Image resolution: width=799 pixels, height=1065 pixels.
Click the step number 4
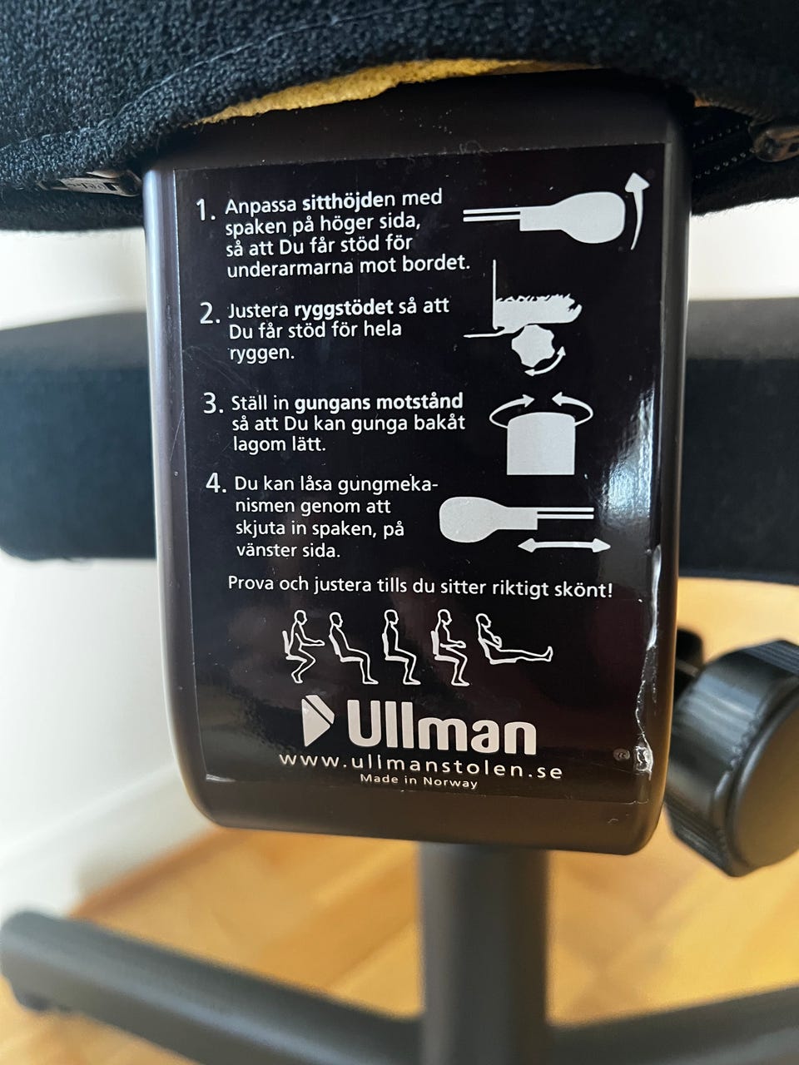tap(216, 483)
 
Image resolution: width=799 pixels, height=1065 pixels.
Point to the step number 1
tap(206, 211)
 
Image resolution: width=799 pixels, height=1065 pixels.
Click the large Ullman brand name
tap(441, 729)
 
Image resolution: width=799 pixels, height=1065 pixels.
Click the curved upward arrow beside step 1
tap(640, 214)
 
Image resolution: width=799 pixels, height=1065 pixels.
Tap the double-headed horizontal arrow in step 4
tap(563, 546)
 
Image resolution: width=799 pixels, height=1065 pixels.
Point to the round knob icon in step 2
tap(533, 344)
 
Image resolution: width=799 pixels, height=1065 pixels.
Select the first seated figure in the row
tap(302, 646)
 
